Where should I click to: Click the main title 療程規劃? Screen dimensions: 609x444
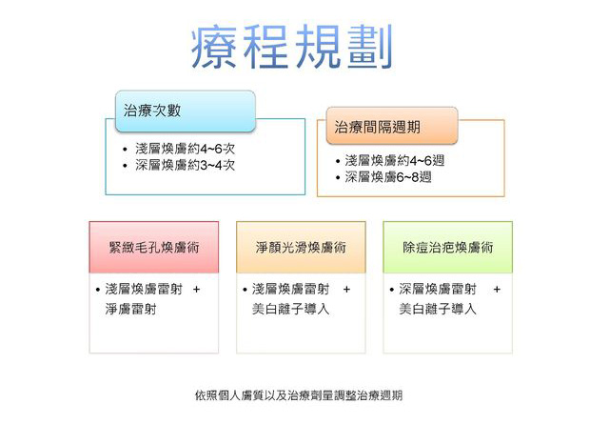click(292, 47)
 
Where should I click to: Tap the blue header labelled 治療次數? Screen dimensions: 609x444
click(186, 111)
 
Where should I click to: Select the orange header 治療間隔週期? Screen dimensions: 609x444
click(392, 126)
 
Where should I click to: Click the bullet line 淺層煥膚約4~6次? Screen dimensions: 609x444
click(185, 149)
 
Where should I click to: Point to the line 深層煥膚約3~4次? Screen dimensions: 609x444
click(185, 165)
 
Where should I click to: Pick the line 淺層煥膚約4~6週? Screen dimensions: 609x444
click(394, 160)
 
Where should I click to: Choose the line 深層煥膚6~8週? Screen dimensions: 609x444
click(388, 177)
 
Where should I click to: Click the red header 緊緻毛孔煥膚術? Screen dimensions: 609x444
click(154, 248)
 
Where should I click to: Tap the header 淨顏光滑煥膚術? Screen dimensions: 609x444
click(301, 248)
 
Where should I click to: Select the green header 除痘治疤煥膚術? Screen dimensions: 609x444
click(448, 248)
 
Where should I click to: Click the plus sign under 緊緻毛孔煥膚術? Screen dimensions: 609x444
click(197, 290)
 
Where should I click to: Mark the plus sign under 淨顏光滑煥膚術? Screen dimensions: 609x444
click(346, 290)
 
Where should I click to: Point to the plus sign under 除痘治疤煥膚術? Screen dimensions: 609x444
click(497, 290)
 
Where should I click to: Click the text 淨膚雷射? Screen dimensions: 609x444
click(130, 310)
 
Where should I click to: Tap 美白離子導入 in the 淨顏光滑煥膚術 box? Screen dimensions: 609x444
click(290, 309)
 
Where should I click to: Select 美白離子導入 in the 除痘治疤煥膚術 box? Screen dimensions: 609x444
click(438, 309)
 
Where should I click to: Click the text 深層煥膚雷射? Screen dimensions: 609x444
click(438, 289)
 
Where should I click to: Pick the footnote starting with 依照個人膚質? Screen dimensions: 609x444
click(298, 395)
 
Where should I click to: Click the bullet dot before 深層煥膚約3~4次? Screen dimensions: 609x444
click(125, 166)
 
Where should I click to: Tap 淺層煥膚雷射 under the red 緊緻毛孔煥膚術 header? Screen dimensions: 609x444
click(144, 289)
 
